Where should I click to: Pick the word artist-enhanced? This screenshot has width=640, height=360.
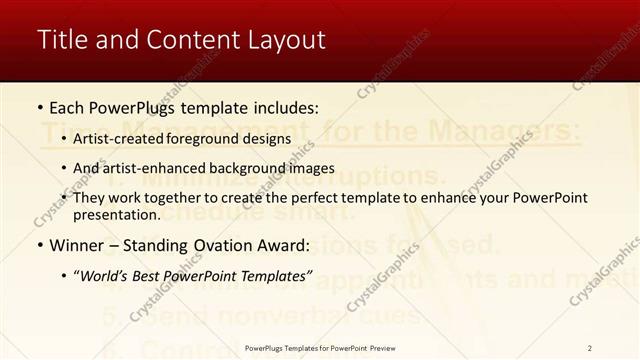[146, 168]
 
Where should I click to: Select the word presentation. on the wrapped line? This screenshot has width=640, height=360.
[116, 214]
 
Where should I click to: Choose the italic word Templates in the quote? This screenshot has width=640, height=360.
[279, 275]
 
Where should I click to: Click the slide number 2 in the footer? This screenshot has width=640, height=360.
[589, 348]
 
